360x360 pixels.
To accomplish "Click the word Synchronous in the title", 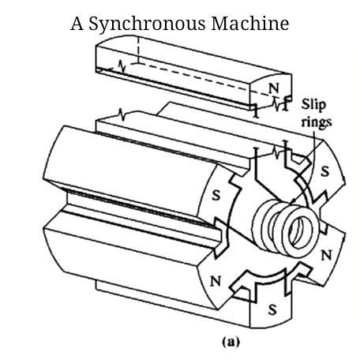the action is click(147, 24).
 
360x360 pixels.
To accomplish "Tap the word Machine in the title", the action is click(249, 23).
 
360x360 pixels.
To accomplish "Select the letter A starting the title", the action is click(77, 24).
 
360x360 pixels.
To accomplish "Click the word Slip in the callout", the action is click(313, 105).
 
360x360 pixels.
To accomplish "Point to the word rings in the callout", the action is click(317, 122).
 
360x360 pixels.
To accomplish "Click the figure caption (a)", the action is click(231, 342).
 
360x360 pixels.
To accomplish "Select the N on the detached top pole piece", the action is click(274, 88).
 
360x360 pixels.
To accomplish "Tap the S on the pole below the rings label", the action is click(325, 171).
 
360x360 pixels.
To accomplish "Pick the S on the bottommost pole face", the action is click(272, 309).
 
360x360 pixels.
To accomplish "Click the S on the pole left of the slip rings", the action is click(216, 195).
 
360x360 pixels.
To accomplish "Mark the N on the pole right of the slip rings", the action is click(326, 255).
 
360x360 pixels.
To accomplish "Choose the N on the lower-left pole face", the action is click(216, 282).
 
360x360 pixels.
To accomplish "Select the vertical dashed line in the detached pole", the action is click(138, 50).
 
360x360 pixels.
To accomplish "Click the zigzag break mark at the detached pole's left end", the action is click(122, 66).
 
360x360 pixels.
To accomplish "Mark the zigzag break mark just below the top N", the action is click(277, 103).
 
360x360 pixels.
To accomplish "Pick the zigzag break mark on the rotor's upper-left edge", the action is click(122, 114).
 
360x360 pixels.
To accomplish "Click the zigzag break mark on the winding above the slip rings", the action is click(276, 152).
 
